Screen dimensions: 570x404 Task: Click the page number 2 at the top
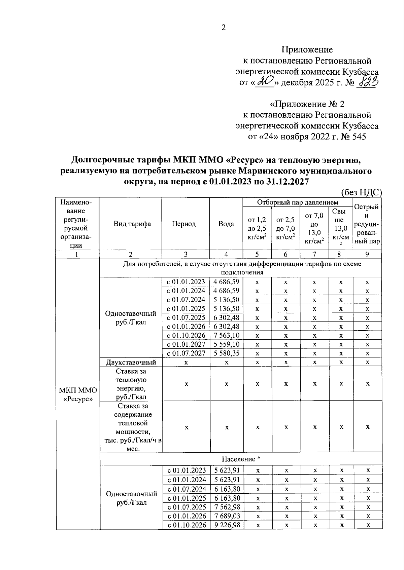[x=223, y=28]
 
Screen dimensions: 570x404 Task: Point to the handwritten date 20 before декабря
[x=265, y=82]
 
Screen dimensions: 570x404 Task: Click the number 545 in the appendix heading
[x=359, y=137]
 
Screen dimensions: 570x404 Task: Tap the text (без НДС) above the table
[x=361, y=192]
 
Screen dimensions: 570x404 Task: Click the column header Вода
[x=226, y=224]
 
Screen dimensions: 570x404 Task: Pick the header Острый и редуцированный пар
[x=367, y=224]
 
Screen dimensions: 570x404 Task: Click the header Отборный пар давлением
[x=298, y=202]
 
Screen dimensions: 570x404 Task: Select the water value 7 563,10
[x=226, y=336]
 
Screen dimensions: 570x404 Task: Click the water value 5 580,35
[x=226, y=353]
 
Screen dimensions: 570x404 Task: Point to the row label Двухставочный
[x=131, y=363]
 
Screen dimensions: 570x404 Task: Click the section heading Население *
[x=241, y=459]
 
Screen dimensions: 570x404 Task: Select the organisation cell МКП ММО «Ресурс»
[x=78, y=394]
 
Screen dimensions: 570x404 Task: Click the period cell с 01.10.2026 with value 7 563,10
[x=186, y=336]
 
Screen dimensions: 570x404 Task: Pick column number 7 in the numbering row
[x=314, y=255]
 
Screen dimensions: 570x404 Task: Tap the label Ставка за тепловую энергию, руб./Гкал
[x=131, y=384]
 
